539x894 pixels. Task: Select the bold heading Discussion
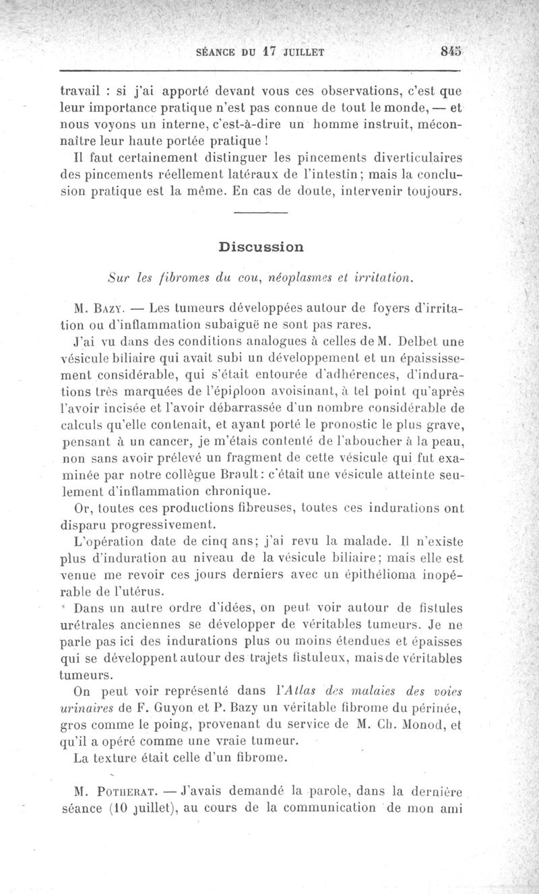coord(261,247)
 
